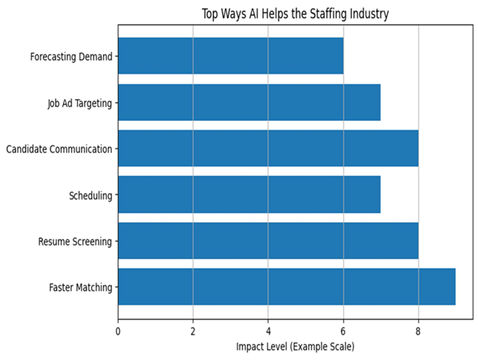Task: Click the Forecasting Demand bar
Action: coord(230,57)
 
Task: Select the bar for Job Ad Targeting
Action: coord(249,102)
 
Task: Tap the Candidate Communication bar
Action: coord(268,148)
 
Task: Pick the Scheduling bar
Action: coord(249,195)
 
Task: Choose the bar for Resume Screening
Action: coord(268,242)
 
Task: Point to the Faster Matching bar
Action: coord(286,287)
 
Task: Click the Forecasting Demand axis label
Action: coord(71,57)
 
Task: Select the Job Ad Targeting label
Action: coord(80,102)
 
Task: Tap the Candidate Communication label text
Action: coord(59,148)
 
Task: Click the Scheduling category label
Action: coord(90,196)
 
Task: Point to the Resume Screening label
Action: coord(75,242)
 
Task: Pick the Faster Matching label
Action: coord(81,288)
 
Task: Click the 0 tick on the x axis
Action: coord(118,332)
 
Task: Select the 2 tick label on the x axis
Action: coord(193,332)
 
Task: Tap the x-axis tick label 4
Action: coord(268,332)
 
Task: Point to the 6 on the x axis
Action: coord(343,332)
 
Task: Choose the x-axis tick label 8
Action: coord(418,332)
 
